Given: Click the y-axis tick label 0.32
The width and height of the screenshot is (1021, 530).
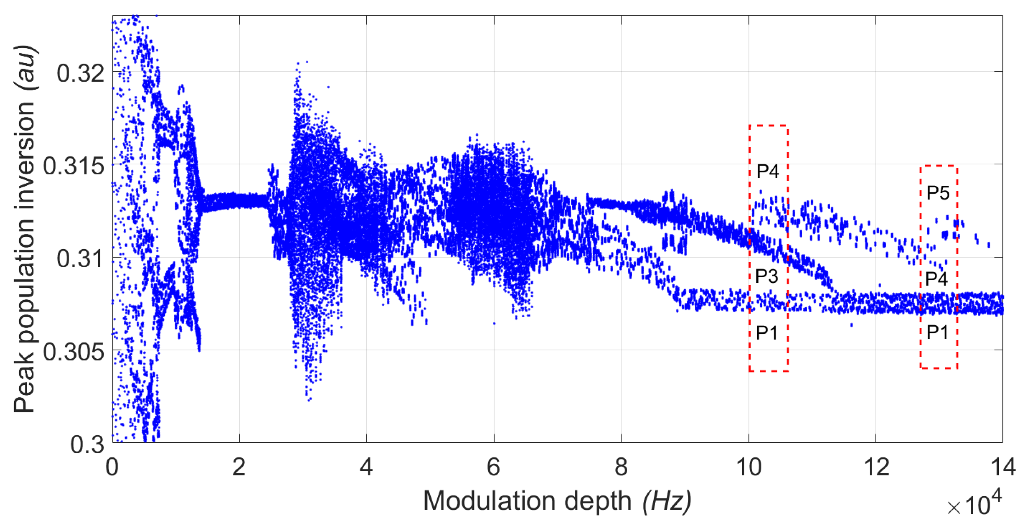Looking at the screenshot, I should [x=81, y=73].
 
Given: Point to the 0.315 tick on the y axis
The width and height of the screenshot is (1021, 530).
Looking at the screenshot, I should [x=74, y=166].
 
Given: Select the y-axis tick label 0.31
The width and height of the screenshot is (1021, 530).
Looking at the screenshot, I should [x=81, y=259].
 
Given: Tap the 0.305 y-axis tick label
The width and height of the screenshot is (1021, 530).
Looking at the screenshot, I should [x=74, y=351].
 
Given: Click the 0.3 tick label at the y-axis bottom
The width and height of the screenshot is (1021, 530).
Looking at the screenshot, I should [x=87, y=444].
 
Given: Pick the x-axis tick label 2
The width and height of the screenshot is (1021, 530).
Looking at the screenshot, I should [x=239, y=467].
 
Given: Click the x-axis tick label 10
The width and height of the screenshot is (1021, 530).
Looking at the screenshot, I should [x=748, y=467].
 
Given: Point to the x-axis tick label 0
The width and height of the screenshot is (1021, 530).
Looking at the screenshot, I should [x=112, y=467].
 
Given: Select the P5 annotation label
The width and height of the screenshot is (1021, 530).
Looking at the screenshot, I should [x=938, y=193].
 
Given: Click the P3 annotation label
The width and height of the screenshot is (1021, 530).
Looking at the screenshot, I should [x=767, y=276].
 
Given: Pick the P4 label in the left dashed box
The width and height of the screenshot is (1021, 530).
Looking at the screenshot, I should [x=768, y=171].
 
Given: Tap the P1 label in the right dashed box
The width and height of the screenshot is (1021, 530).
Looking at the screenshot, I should [x=938, y=332].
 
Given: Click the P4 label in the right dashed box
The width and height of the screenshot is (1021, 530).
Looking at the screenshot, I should [x=937, y=279].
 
